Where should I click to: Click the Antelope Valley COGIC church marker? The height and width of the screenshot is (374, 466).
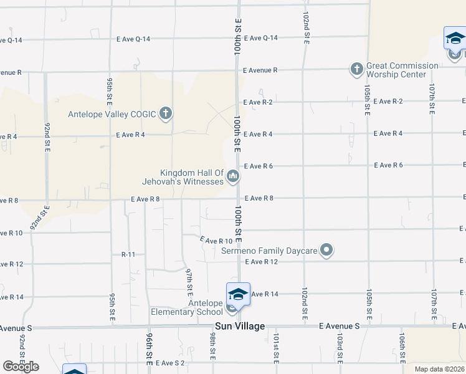[165, 113]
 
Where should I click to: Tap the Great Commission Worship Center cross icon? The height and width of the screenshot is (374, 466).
[356, 69]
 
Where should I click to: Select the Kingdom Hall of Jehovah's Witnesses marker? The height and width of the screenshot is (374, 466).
[233, 177]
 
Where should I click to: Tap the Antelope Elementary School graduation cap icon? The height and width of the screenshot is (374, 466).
[238, 294]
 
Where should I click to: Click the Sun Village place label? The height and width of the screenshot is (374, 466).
[240, 326]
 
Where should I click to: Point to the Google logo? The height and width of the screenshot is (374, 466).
[21, 367]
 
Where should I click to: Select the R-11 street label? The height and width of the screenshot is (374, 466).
[128, 254]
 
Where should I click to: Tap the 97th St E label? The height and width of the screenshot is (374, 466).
[189, 280]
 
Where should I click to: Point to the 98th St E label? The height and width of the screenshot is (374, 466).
[212, 346]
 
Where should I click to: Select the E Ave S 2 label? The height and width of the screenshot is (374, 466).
[171, 362]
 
